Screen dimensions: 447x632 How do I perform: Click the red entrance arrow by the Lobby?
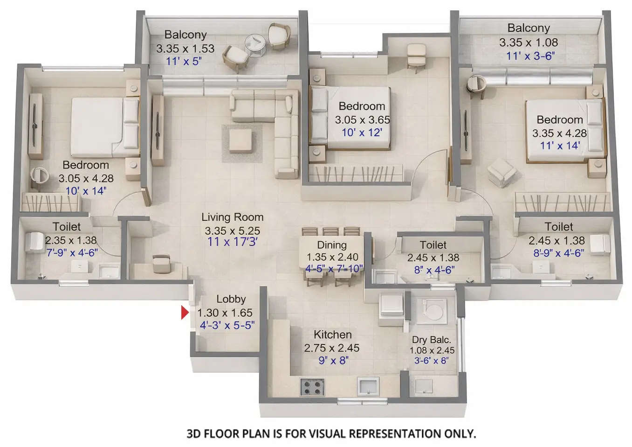[185, 313]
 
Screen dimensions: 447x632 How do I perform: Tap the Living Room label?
[232, 217]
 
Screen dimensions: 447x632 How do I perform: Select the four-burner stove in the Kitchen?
[312, 386]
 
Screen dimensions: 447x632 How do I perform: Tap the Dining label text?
[332, 245]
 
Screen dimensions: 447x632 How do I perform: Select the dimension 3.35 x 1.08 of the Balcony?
[529, 42]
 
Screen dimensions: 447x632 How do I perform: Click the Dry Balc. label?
[431, 340]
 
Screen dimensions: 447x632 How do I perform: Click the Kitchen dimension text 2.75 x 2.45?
[332, 348]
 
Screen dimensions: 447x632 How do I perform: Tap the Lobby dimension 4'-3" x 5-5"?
[227, 325]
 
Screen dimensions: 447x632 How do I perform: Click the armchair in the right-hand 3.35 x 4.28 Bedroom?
[502, 172]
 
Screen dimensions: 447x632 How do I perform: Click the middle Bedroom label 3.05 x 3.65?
[362, 119]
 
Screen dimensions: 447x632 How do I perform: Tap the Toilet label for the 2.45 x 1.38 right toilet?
[558, 227]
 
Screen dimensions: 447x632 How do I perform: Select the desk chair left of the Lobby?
[161, 264]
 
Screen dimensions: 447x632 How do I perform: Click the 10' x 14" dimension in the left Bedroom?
[86, 191]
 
